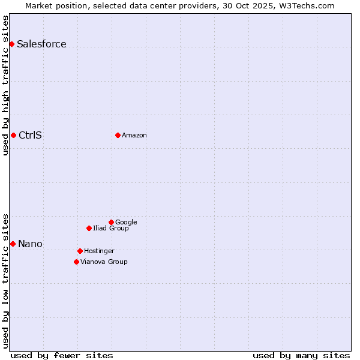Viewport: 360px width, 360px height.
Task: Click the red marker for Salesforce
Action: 11,44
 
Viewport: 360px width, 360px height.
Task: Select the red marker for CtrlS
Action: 13,135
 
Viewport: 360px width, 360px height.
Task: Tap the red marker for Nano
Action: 13,244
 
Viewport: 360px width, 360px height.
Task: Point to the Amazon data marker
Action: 118,135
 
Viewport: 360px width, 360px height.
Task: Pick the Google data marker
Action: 111,222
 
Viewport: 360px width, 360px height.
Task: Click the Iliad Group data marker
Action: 89,228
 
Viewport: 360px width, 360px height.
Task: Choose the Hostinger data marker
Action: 80,251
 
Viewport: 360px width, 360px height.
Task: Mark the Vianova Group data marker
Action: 76,262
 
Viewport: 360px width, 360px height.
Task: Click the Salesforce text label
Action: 41,44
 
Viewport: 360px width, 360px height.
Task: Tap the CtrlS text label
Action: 30,136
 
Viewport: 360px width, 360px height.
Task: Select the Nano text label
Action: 30,244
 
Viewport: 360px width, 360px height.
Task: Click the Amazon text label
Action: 134,136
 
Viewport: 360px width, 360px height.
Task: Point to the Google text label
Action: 126,223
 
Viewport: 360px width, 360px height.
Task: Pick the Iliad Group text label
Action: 111,229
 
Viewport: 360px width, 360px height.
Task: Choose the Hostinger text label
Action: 99,251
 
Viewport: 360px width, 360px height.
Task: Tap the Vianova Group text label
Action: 104,262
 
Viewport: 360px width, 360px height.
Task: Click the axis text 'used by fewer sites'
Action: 62,355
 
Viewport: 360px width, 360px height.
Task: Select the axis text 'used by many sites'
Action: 301,355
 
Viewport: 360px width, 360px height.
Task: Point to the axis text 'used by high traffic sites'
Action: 5,85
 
